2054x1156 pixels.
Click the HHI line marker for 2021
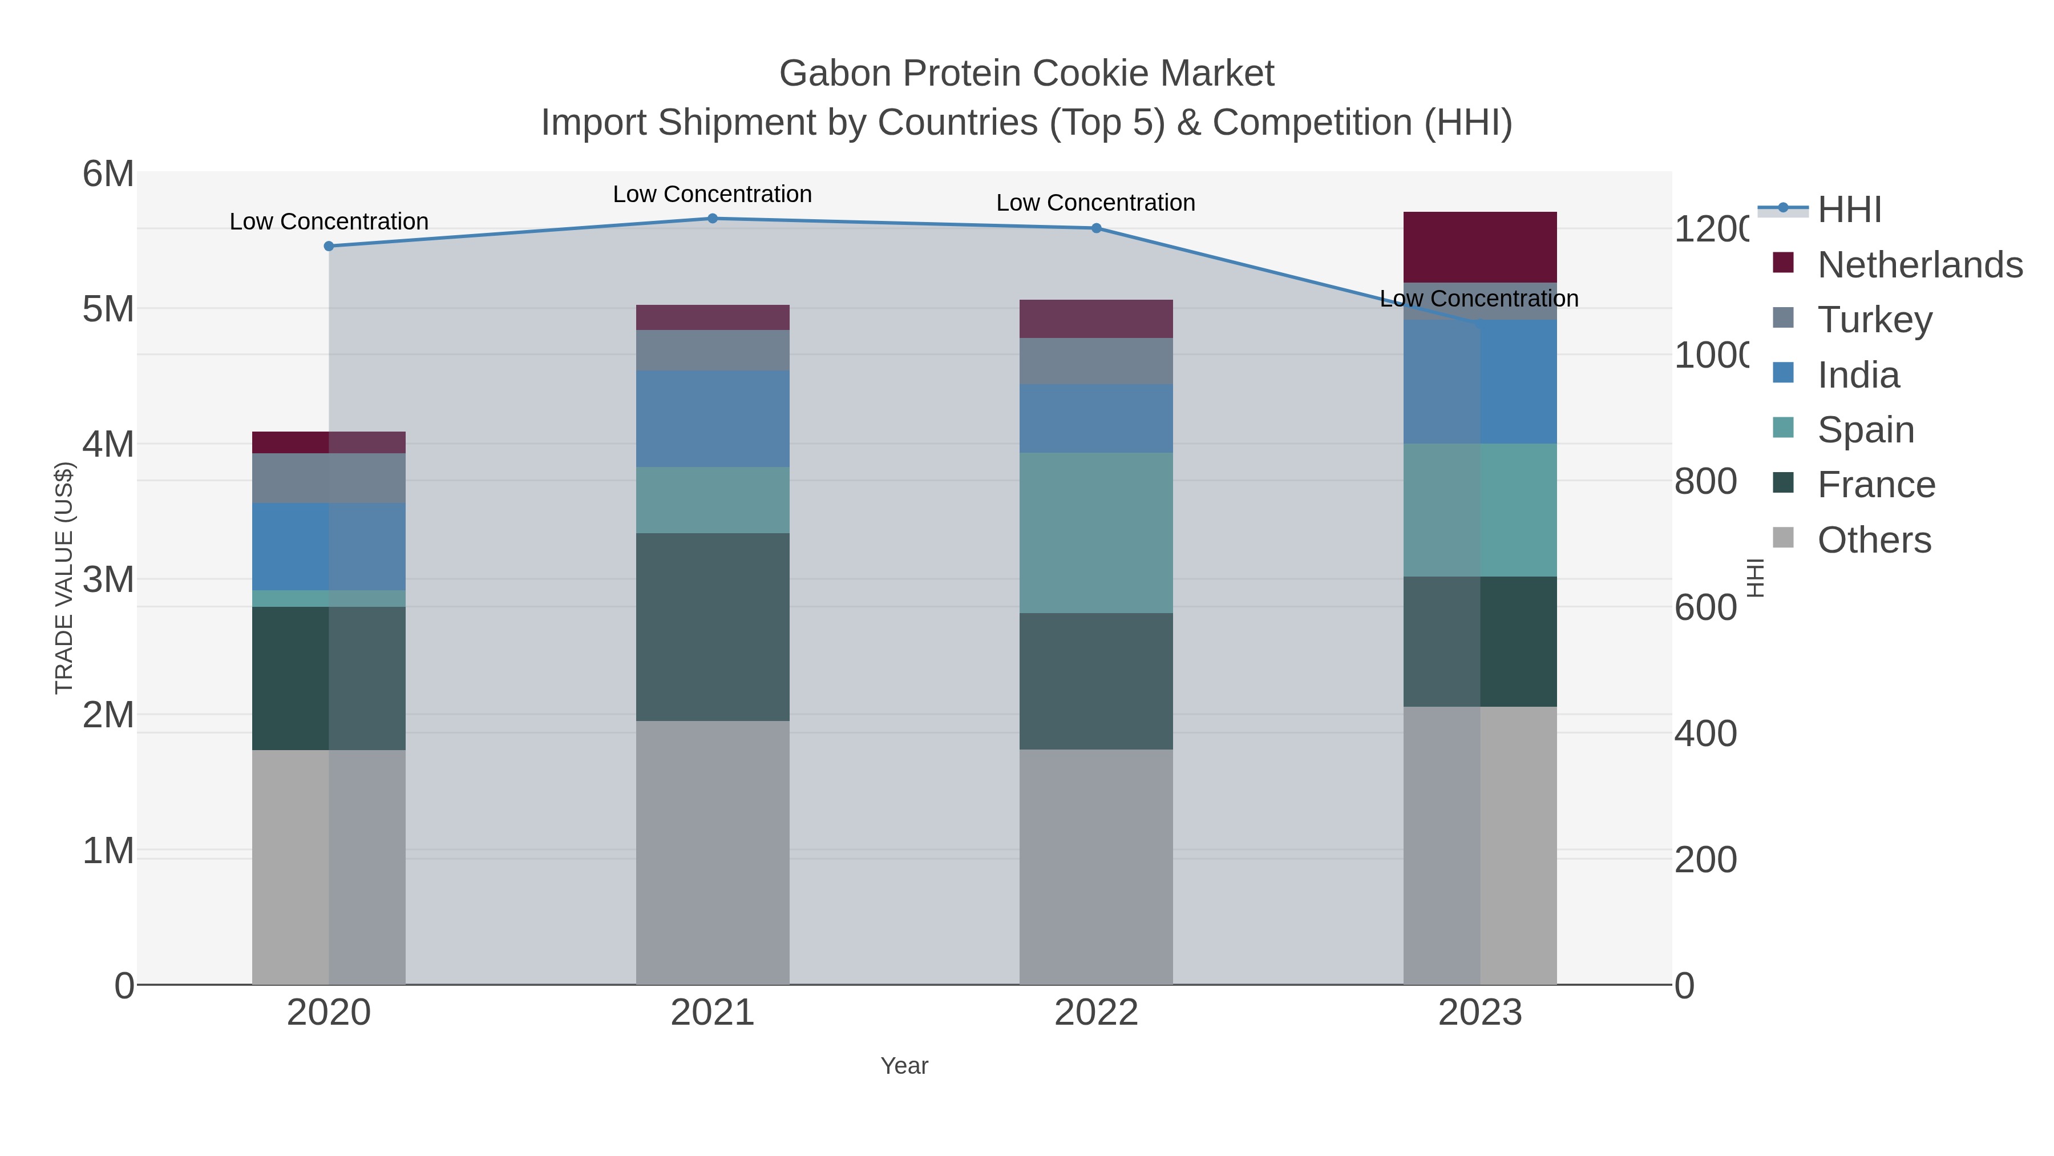click(x=712, y=219)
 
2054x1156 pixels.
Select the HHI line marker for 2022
click(x=1095, y=228)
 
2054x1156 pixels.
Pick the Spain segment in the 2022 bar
click(x=1095, y=533)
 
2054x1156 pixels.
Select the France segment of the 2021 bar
click(x=712, y=627)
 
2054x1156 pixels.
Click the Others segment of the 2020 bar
click(x=329, y=867)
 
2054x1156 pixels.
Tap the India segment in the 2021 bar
click(x=712, y=419)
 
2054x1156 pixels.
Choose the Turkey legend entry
click(x=1874, y=319)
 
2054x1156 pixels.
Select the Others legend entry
click(x=1874, y=540)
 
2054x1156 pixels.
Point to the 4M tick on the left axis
click(x=108, y=444)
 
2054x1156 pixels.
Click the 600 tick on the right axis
click(x=1705, y=608)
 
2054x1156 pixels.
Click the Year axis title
click(x=904, y=1066)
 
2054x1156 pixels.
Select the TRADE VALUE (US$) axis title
click(x=64, y=578)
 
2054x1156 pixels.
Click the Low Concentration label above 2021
click(x=712, y=194)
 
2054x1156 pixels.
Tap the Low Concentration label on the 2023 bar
click(x=1478, y=299)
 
